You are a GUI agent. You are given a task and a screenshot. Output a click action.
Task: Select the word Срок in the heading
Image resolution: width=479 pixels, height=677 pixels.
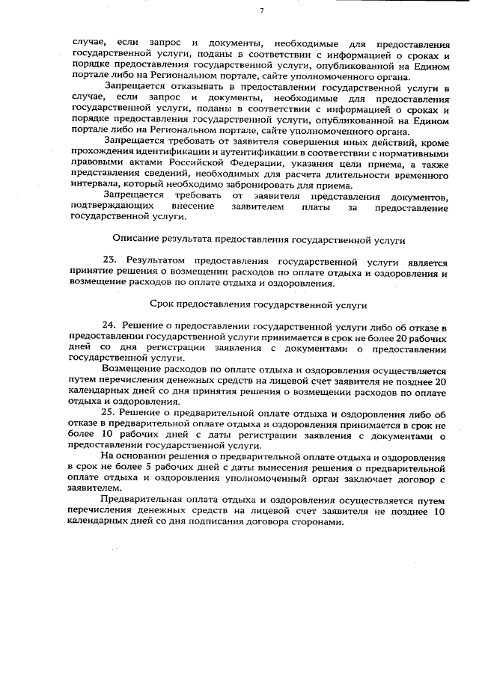coord(163,305)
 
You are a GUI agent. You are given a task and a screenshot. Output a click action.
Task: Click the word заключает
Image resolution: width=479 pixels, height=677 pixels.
coord(369,476)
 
